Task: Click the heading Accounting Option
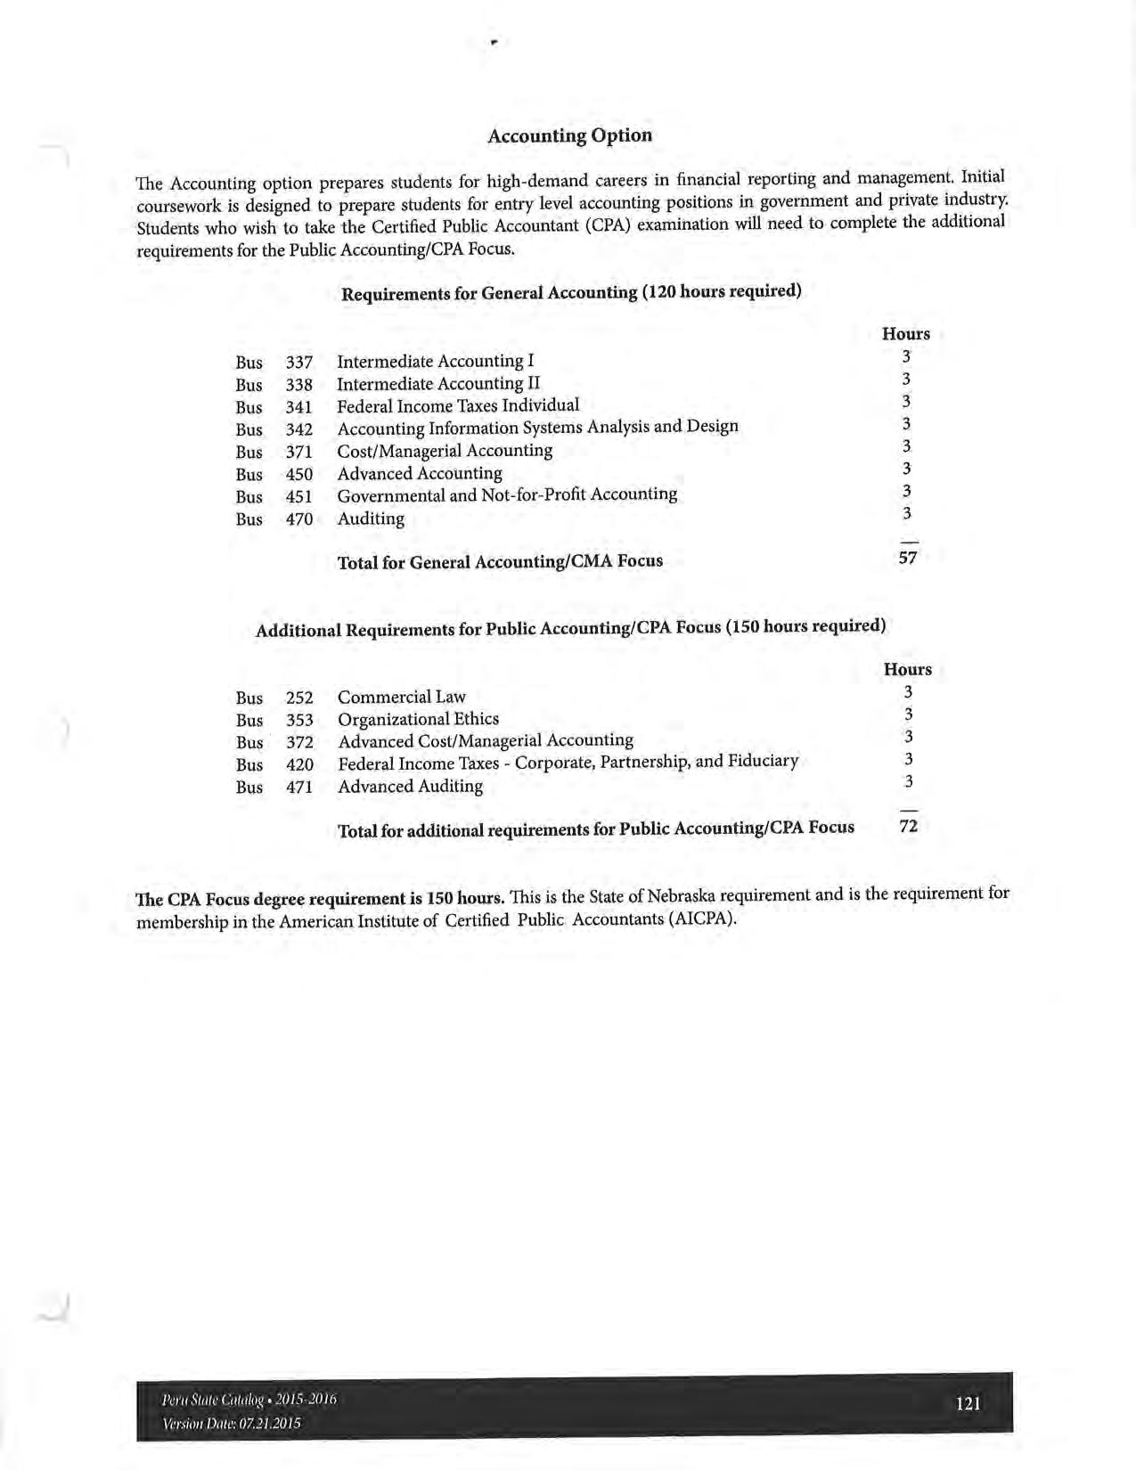coord(569,135)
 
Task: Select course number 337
coord(298,363)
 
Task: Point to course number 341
coord(298,407)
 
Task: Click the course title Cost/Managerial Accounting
coord(445,451)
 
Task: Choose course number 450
coord(298,475)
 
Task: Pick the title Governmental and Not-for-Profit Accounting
coord(507,494)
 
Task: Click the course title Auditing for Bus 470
coord(371,519)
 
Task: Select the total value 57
coord(908,558)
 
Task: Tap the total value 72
coord(909,826)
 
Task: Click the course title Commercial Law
coord(402,697)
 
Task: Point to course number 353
coord(299,720)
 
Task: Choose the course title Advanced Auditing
coord(411,786)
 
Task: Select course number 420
coord(299,764)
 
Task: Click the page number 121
coord(968,1404)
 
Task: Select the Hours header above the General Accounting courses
coord(905,334)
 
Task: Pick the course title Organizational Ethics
coord(419,719)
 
